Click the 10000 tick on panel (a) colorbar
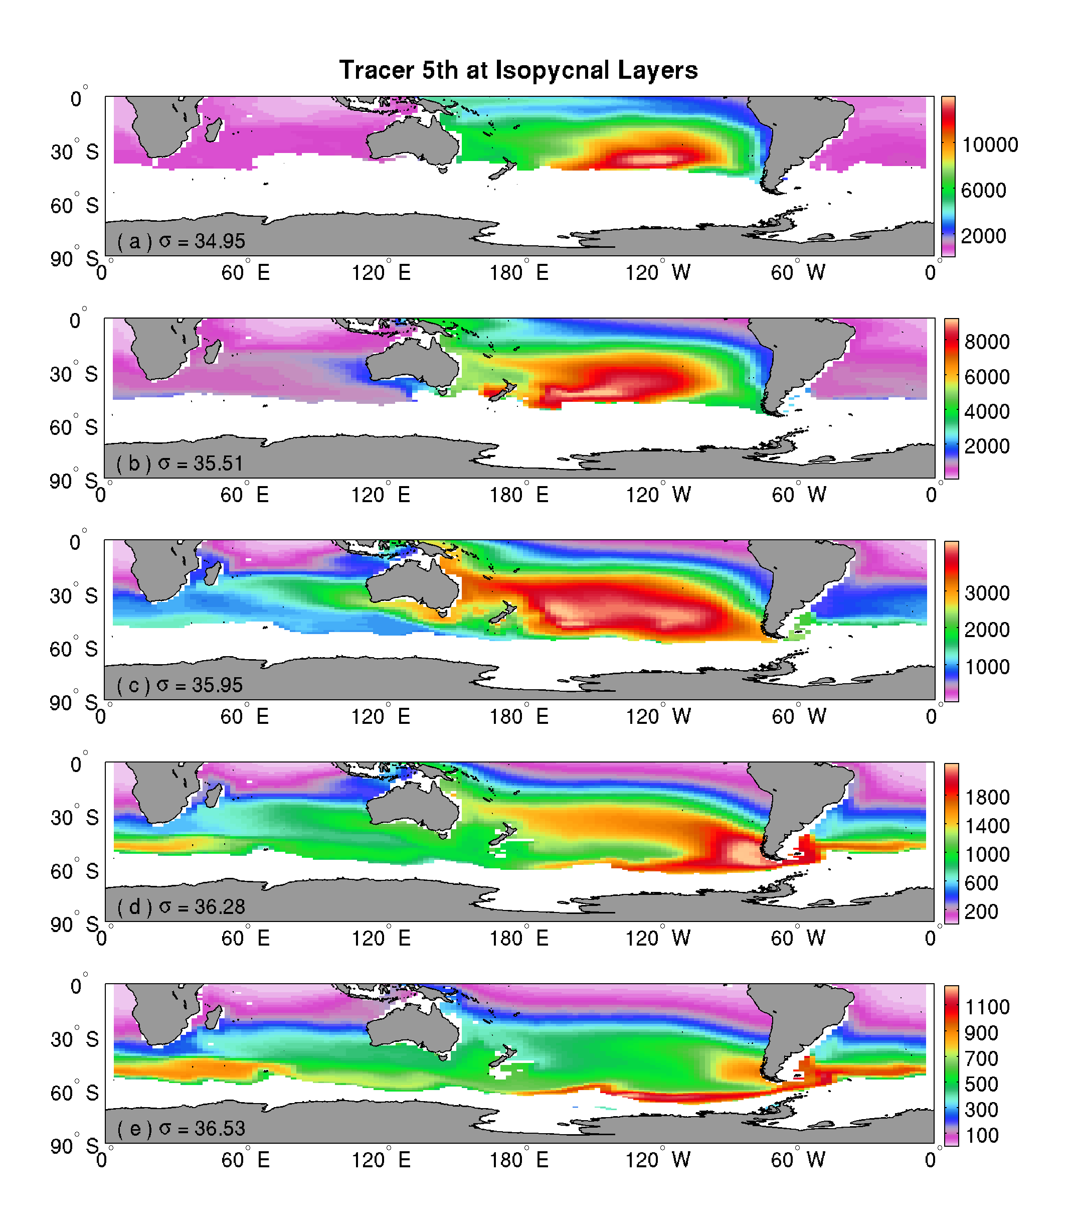[x=989, y=144]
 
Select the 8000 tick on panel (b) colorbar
[x=987, y=342]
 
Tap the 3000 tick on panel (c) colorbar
[x=987, y=593]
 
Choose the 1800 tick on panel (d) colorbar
[x=987, y=797]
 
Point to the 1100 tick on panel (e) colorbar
[x=987, y=1007]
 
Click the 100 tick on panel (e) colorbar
[x=982, y=1135]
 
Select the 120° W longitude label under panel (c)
[x=658, y=716]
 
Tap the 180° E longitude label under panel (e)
[x=519, y=1160]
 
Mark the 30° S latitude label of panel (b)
[x=74, y=374]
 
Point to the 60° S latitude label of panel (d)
[x=74, y=871]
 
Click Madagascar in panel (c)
[x=213, y=573]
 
